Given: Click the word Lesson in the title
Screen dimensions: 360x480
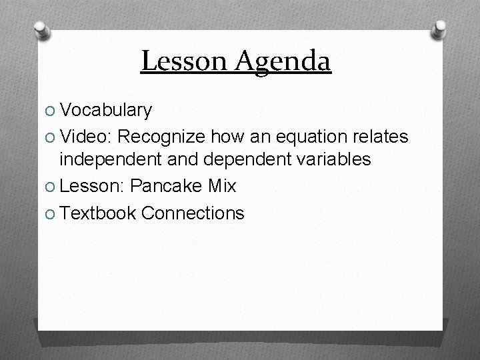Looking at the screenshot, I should tap(177, 61).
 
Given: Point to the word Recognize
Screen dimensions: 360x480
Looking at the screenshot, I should tap(163, 135).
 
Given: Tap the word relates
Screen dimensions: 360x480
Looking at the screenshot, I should tap(383, 135).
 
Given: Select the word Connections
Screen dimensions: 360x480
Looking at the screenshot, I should tap(193, 213).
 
